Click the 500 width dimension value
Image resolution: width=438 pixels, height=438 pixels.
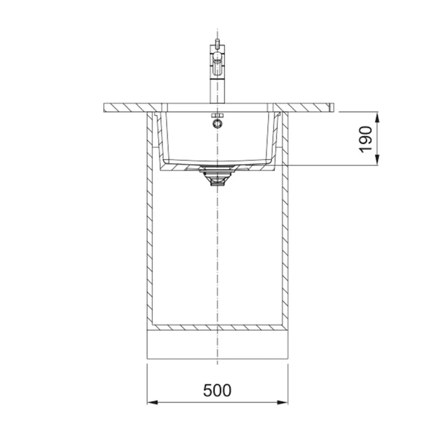click(217, 390)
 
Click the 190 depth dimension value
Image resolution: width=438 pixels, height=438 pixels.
click(365, 139)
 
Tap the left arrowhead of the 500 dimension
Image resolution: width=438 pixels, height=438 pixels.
click(152, 402)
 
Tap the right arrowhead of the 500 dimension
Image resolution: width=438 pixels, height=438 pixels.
click(282, 402)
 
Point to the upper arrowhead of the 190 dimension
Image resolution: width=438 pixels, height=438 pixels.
click(377, 117)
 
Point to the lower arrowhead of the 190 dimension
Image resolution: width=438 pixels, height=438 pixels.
click(377, 159)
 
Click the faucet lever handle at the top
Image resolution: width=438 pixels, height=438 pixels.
click(217, 43)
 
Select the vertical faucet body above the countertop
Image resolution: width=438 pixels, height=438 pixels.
click(217, 74)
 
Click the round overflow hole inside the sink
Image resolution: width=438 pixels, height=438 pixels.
click(217, 123)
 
